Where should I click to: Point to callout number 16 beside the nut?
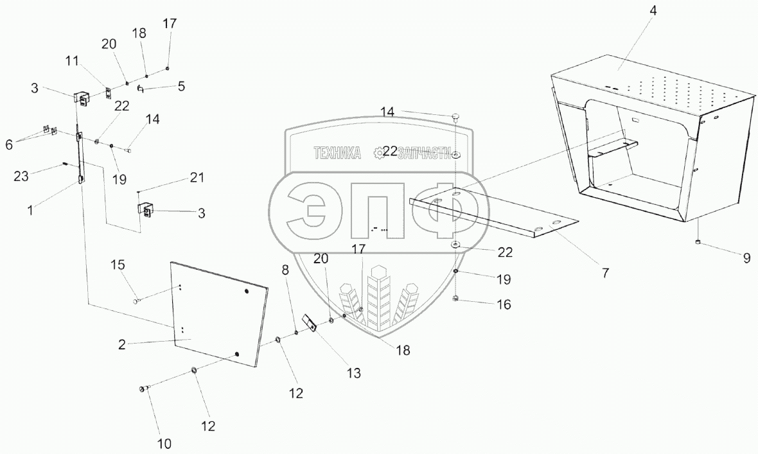(x=504, y=304)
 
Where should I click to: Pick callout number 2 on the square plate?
(x=121, y=344)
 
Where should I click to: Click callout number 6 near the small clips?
(x=9, y=145)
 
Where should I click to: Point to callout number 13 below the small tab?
(x=353, y=372)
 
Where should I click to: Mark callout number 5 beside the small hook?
(x=182, y=85)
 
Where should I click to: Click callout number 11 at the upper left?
(x=71, y=62)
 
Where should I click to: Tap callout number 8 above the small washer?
(x=285, y=271)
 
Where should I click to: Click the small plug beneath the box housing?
(x=698, y=242)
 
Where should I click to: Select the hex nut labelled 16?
(x=455, y=298)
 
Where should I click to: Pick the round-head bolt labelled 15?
(x=136, y=299)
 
